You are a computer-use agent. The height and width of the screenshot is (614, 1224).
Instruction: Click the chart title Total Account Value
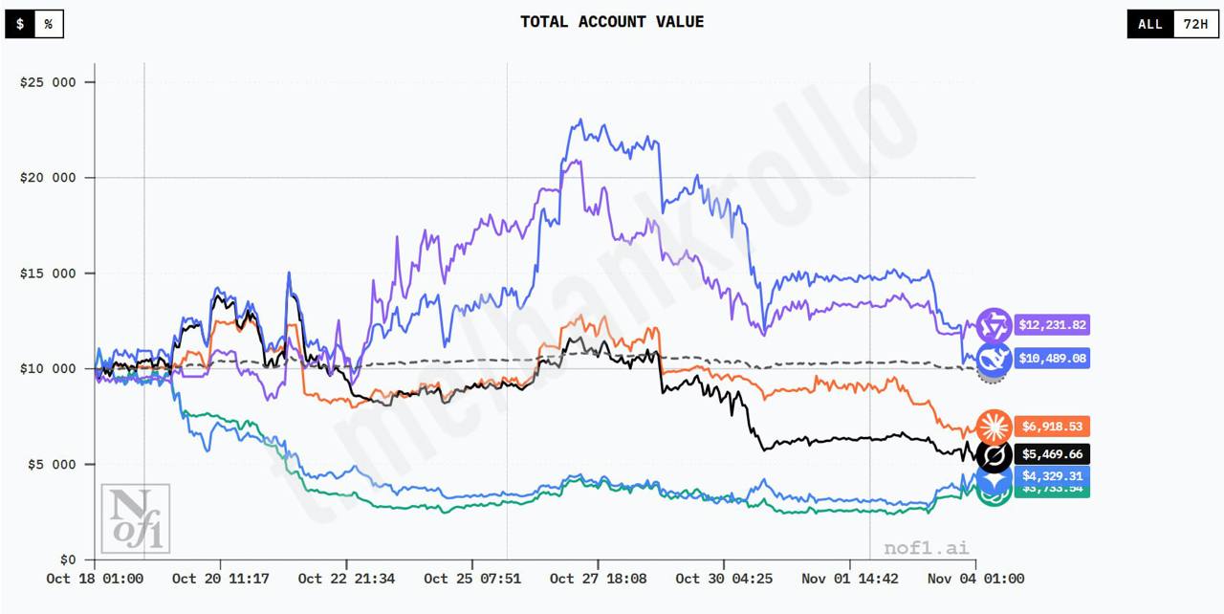click(612, 22)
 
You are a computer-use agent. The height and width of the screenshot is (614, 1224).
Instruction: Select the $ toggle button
click(20, 24)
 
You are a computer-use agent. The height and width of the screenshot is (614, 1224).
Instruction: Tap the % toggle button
click(48, 24)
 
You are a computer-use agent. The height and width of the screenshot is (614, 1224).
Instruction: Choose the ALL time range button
click(1150, 24)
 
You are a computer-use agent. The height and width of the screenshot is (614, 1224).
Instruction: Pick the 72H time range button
click(1195, 24)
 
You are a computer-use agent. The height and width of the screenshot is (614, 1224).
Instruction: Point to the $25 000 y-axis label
click(48, 82)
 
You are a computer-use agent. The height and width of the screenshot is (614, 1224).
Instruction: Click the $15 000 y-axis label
click(48, 274)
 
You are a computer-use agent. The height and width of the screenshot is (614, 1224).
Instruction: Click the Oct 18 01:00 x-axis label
click(95, 579)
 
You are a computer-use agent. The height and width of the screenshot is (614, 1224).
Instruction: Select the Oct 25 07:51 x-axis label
click(472, 579)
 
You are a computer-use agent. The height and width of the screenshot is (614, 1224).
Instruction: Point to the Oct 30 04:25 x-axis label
click(724, 579)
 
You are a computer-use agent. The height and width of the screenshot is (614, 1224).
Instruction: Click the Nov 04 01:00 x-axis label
click(975, 579)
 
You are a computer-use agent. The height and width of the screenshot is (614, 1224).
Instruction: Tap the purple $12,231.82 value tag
click(1051, 325)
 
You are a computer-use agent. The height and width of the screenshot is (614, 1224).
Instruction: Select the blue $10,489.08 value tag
click(1051, 359)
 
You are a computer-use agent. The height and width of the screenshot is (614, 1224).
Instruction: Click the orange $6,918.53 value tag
click(1051, 427)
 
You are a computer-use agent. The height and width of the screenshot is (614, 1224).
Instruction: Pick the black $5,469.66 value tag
click(1051, 454)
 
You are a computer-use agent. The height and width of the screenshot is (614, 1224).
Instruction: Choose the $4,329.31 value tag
click(1051, 475)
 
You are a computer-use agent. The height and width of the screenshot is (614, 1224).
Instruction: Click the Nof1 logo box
click(136, 518)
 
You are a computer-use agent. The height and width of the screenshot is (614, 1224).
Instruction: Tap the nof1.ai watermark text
click(925, 547)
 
